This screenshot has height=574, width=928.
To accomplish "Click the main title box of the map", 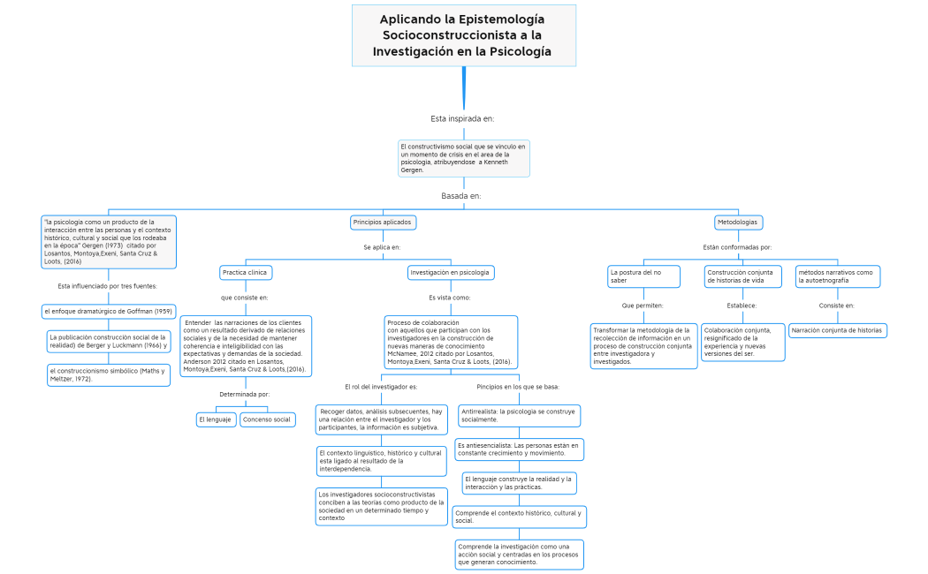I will tap(463, 35).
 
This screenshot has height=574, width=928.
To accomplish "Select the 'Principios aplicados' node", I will tap(382, 223).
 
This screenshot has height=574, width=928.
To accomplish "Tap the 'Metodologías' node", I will tap(738, 223).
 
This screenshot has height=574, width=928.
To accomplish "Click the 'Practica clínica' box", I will tap(246, 273).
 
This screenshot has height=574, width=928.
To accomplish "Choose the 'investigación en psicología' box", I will tap(450, 273).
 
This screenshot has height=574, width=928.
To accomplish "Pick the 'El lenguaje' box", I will tap(216, 419).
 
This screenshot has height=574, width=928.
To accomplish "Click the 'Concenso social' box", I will tap(267, 419).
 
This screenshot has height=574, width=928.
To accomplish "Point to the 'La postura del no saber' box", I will tap(643, 276).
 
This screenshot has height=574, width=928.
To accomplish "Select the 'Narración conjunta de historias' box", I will tap(838, 330).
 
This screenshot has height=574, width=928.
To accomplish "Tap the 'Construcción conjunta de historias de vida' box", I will tap(743, 276).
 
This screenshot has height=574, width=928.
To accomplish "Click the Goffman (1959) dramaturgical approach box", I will tap(109, 311).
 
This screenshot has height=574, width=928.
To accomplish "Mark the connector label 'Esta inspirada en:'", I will tap(462, 118).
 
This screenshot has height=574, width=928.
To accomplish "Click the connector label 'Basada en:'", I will tap(461, 196).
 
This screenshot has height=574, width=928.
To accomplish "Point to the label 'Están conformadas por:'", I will tap(737, 247).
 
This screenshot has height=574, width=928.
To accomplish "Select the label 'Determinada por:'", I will tap(245, 394).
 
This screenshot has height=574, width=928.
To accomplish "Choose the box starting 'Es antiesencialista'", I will tap(518, 449).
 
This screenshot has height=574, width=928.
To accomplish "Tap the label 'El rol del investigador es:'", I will tap(381, 387).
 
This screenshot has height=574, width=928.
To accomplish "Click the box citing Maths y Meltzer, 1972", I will tap(107, 374).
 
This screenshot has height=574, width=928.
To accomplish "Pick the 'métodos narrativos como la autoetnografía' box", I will tap(837, 276).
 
